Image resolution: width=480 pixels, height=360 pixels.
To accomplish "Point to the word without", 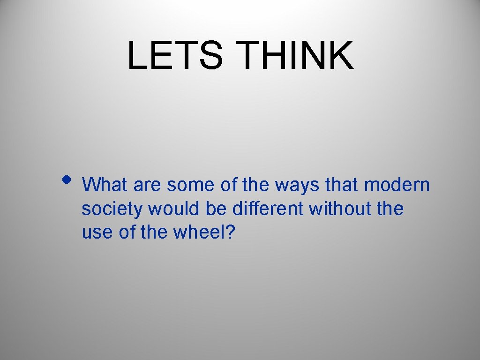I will [x=341, y=209].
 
